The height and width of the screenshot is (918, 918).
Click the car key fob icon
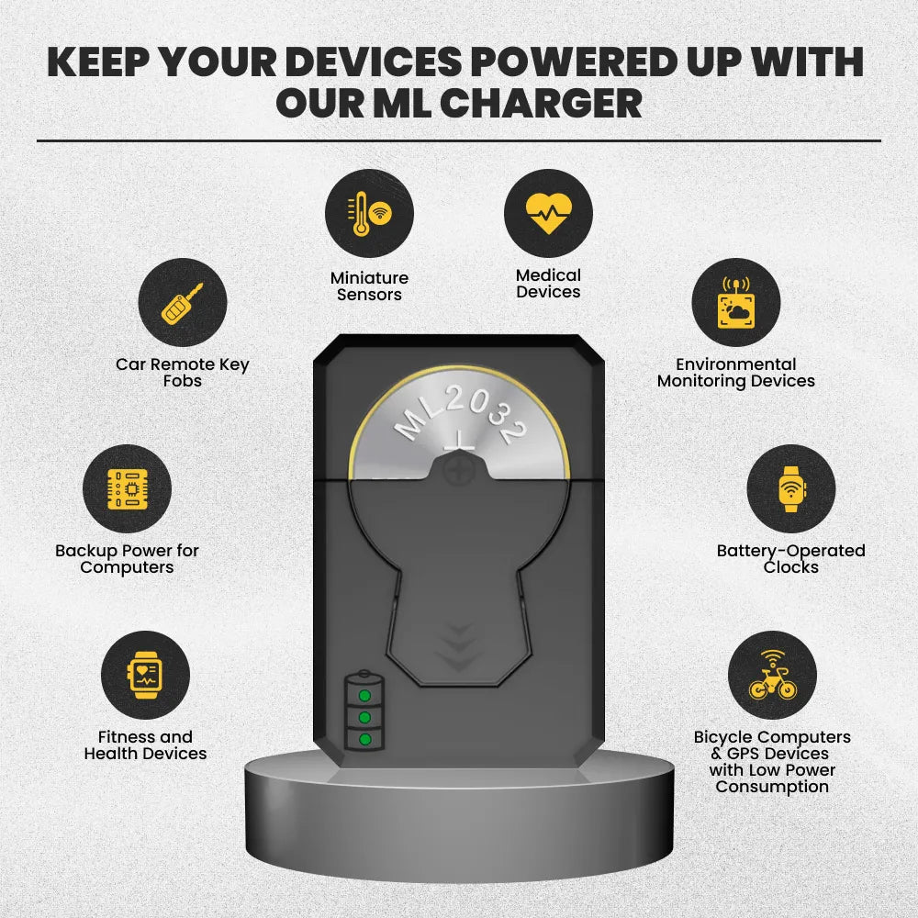[182, 303]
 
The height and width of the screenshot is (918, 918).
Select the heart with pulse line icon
[548, 213]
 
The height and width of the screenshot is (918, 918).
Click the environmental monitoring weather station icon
[736, 303]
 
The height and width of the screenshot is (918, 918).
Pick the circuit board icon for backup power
[127, 488]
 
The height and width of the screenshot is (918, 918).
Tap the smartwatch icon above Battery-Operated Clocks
[791, 489]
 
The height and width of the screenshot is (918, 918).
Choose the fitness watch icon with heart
[145, 675]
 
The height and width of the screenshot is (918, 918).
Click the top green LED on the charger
[364, 696]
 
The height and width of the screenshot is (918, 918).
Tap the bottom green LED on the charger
[364, 739]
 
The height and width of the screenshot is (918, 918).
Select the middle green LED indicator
[364, 717]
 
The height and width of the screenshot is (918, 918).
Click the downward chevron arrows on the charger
[459, 647]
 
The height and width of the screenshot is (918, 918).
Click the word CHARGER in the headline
[541, 104]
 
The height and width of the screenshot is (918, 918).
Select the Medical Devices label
[548, 284]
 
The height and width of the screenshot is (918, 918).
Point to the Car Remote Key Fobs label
[183, 373]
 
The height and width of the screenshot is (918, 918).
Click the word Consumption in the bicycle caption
[772, 787]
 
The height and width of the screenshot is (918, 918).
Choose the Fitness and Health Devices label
[145, 744]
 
